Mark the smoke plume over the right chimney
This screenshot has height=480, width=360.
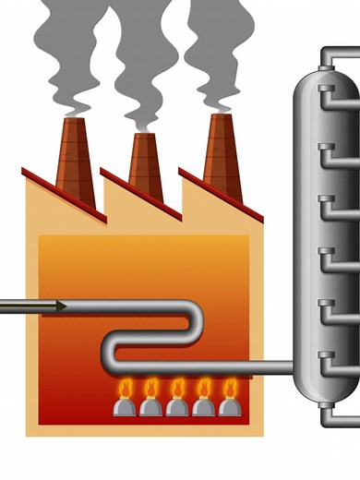[217, 51]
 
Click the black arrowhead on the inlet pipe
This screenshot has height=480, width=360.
[57, 306]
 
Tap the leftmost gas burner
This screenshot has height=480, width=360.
[125, 405]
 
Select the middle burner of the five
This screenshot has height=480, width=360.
[177, 405]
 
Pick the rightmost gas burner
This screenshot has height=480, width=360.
[229, 405]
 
